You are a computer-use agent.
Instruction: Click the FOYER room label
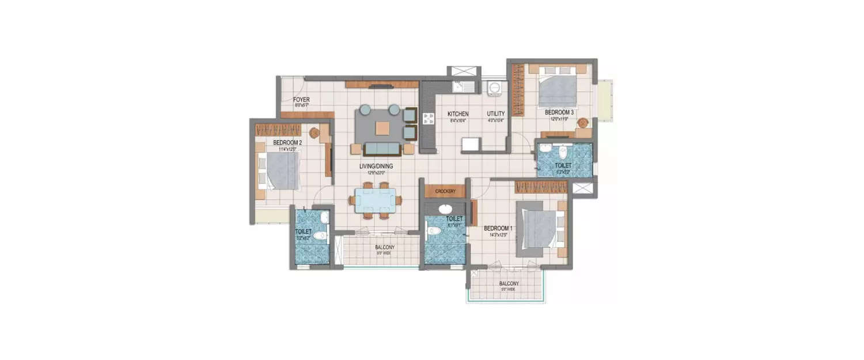(302, 100)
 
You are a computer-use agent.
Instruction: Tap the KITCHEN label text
(458, 114)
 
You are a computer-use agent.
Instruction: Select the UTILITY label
(495, 114)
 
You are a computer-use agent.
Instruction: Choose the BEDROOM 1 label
(498, 229)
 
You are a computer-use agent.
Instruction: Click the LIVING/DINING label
(376, 166)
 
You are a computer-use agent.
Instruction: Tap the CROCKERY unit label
(445, 191)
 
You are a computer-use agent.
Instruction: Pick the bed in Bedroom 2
(281, 170)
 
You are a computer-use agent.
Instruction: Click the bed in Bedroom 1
(540, 228)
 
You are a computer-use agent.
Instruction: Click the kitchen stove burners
(429, 119)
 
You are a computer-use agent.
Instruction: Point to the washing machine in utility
(494, 88)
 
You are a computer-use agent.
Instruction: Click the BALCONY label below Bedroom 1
(509, 283)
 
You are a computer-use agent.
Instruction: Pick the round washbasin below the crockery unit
(445, 209)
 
